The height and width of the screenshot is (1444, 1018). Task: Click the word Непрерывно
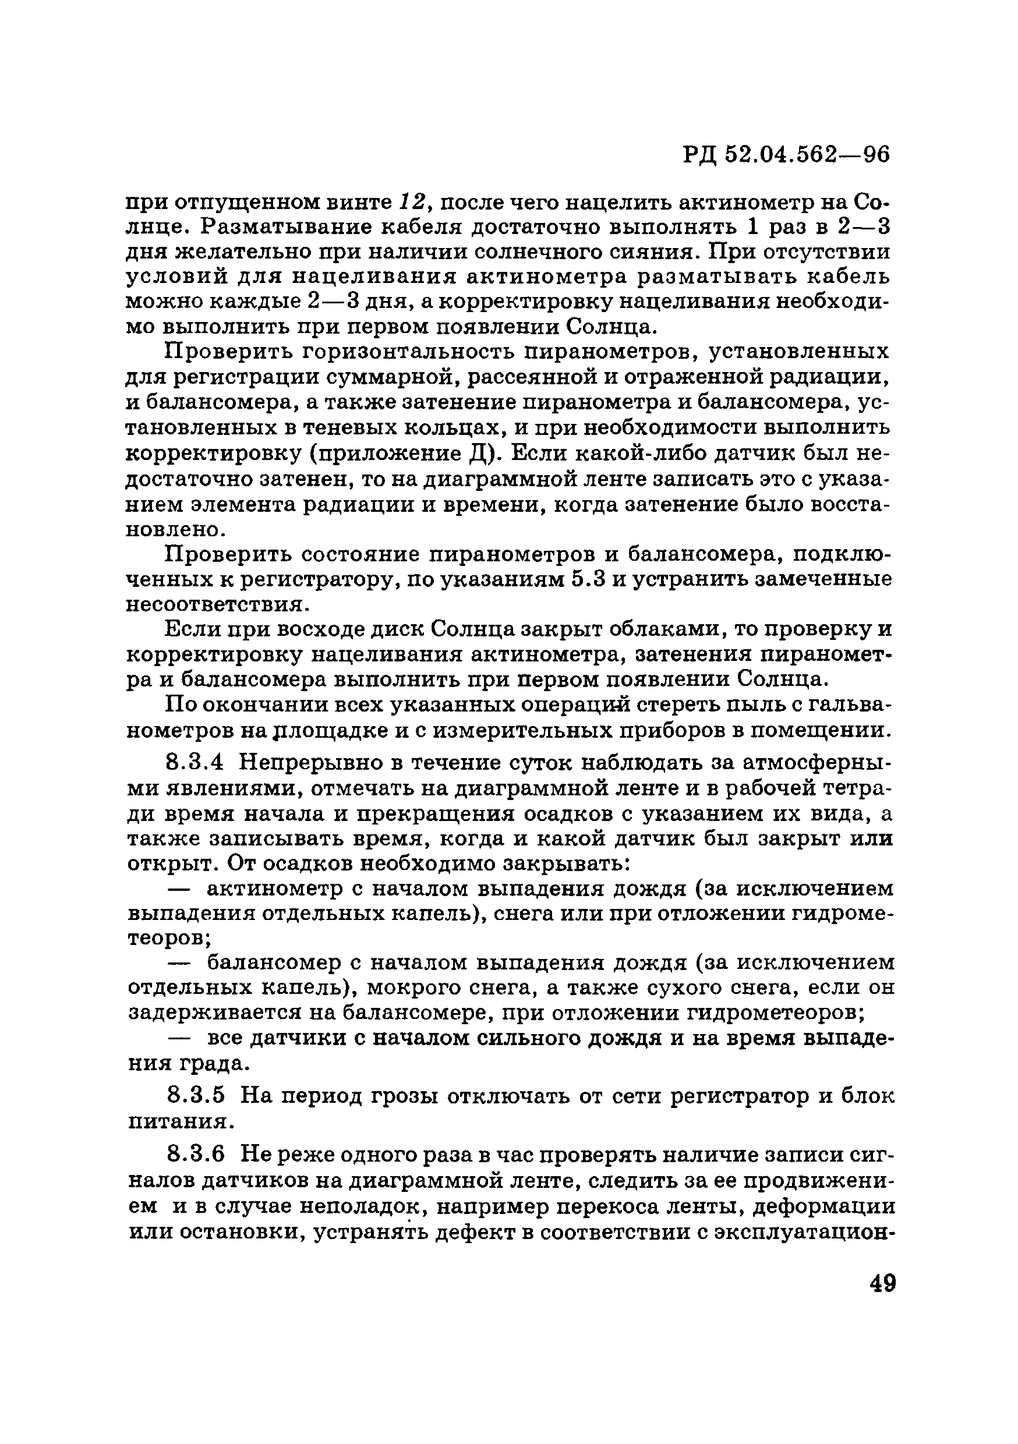click(x=313, y=763)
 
